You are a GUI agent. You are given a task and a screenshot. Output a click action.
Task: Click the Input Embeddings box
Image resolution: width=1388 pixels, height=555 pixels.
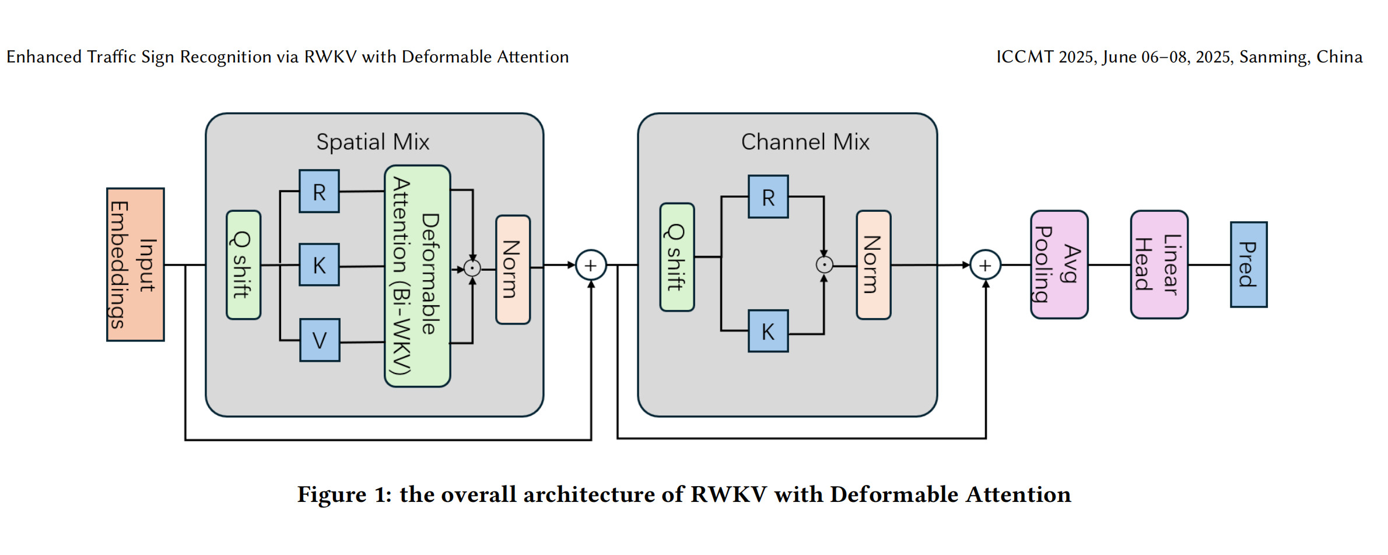click(x=135, y=264)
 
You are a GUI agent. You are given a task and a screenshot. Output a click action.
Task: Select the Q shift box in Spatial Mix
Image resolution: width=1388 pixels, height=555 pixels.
click(x=243, y=265)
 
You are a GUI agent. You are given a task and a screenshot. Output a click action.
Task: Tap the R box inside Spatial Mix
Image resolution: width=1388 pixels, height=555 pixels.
click(x=319, y=191)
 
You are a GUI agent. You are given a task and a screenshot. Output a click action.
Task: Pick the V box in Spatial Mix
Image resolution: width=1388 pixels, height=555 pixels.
click(x=320, y=340)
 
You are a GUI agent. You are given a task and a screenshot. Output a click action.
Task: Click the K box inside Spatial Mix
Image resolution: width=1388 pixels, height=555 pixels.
click(x=319, y=265)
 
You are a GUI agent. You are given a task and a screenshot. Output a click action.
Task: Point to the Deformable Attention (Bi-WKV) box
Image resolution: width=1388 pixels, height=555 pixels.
click(x=418, y=276)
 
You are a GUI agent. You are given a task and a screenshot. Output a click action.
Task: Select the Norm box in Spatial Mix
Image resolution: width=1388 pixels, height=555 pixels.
click(x=513, y=270)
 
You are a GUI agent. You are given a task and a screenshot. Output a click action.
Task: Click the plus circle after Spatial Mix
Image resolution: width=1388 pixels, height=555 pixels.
click(x=591, y=266)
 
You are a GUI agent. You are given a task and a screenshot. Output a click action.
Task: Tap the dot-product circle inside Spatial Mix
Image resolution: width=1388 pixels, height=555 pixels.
click(x=472, y=268)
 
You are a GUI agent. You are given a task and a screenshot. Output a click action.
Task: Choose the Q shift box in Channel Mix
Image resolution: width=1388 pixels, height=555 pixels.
click(x=677, y=257)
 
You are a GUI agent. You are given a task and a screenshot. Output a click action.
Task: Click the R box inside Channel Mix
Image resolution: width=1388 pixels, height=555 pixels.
click(x=768, y=197)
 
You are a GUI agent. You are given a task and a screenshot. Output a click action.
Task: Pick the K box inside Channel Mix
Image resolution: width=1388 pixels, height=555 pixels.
click(x=768, y=331)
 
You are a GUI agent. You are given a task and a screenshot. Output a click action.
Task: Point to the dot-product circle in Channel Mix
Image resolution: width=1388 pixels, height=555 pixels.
click(x=824, y=265)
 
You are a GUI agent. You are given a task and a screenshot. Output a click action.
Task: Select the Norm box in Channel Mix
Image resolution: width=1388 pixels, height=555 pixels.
click(x=873, y=265)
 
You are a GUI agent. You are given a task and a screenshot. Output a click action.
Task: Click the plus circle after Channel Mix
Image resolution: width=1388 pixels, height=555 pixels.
click(x=985, y=266)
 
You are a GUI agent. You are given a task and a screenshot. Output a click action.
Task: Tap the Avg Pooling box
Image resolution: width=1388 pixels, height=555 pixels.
click(x=1059, y=265)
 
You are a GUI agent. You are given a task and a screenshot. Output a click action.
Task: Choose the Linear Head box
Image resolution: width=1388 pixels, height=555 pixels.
click(x=1159, y=265)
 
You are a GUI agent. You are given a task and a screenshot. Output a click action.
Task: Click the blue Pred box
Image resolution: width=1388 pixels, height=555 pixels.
click(x=1249, y=264)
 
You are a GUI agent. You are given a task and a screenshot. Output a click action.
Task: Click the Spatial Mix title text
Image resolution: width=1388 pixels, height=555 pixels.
click(x=373, y=142)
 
